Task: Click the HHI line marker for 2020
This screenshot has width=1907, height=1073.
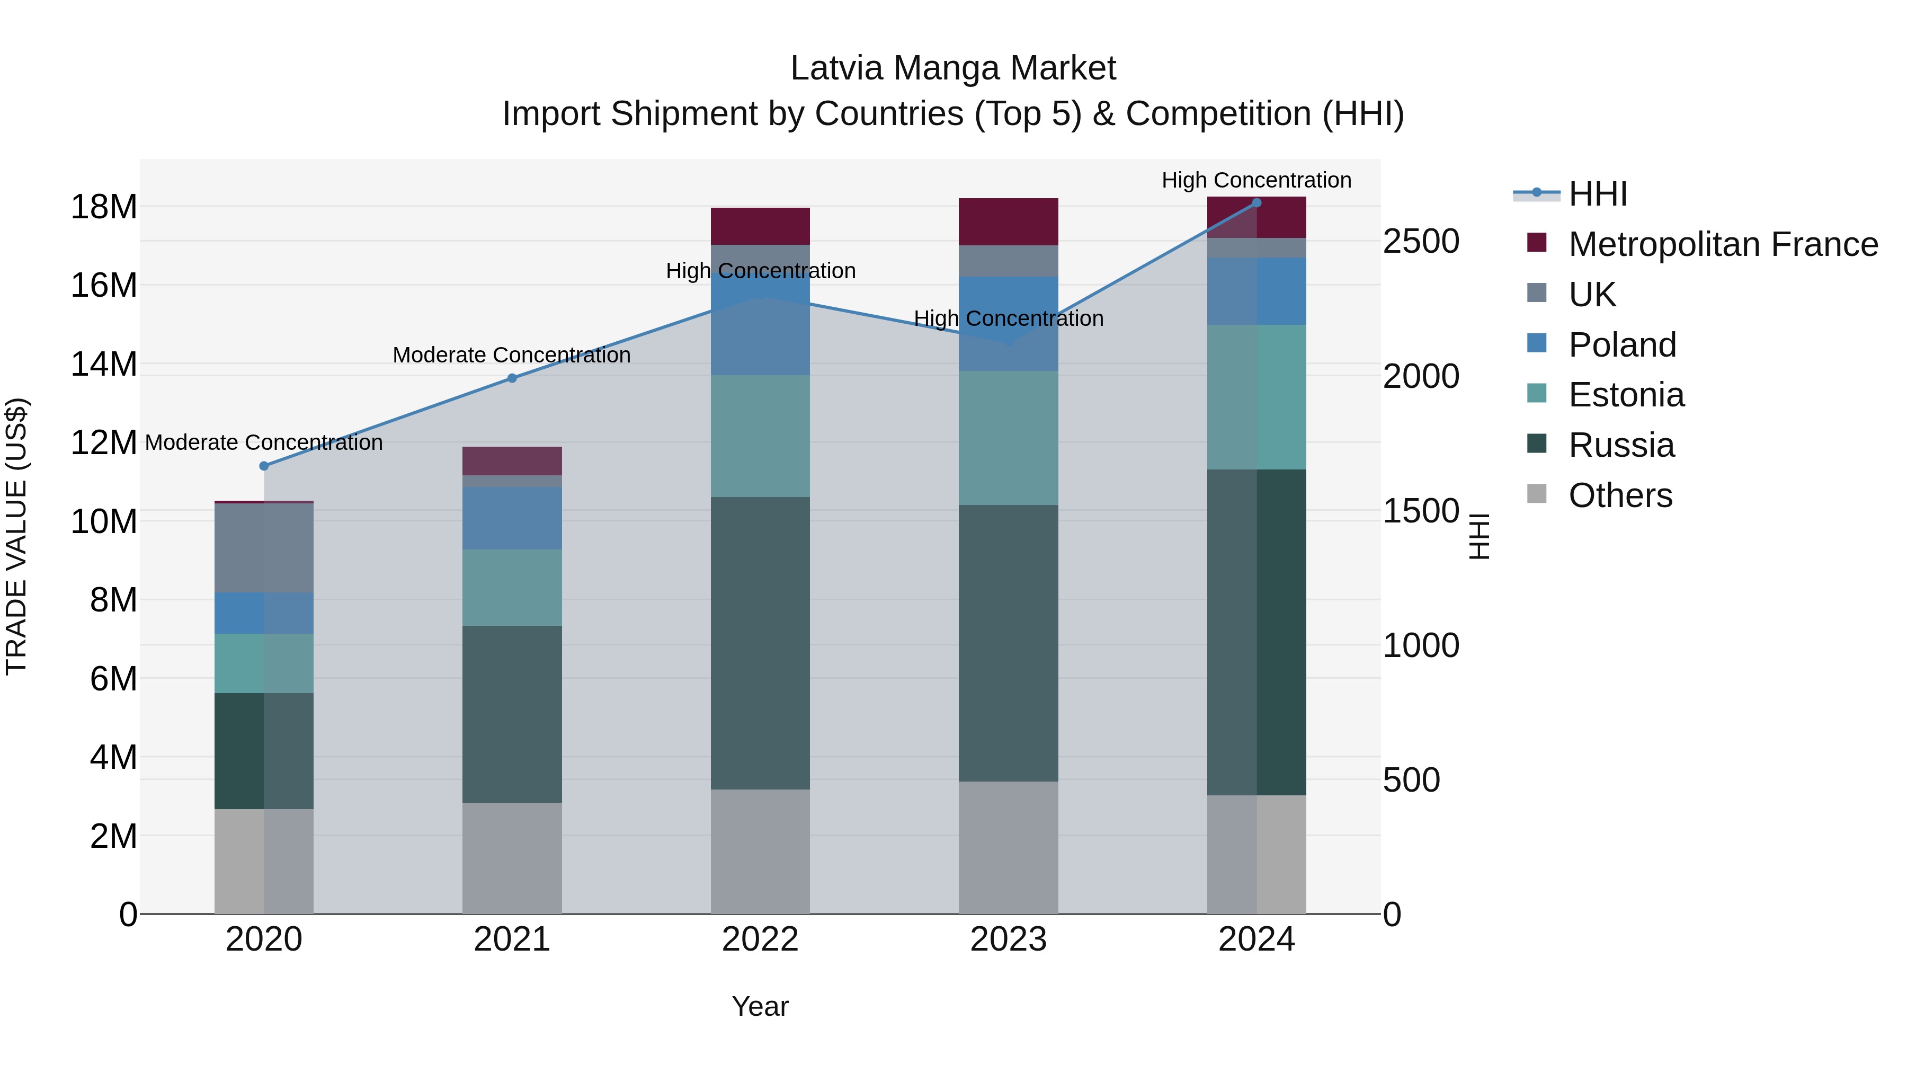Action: pyautogui.click(x=264, y=466)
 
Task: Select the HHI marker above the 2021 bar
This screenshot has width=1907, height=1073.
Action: pyautogui.click(x=512, y=378)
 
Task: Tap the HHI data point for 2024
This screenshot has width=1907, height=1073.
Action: pyautogui.click(x=1257, y=202)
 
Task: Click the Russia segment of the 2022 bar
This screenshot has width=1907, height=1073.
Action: pyautogui.click(x=760, y=643)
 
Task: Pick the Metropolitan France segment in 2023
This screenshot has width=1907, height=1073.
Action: pyautogui.click(x=1008, y=221)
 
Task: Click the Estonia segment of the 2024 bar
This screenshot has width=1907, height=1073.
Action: pyautogui.click(x=1257, y=397)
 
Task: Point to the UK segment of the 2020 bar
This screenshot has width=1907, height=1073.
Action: pyautogui.click(x=264, y=547)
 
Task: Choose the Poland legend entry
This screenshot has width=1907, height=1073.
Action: pyautogui.click(x=1621, y=345)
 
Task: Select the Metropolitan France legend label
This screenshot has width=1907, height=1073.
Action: pyautogui.click(x=1723, y=244)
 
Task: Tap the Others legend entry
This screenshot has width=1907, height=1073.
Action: pyautogui.click(x=1620, y=495)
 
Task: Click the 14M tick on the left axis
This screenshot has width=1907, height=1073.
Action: pyautogui.click(x=104, y=365)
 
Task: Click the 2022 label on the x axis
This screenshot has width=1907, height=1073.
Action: pyautogui.click(x=760, y=939)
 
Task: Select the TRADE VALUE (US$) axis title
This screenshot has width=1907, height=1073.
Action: pyautogui.click(x=16, y=536)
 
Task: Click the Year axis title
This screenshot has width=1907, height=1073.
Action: pyautogui.click(x=760, y=1006)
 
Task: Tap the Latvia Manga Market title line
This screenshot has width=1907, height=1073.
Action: pyautogui.click(x=953, y=68)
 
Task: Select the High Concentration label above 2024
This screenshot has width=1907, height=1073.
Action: pyautogui.click(x=1257, y=180)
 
